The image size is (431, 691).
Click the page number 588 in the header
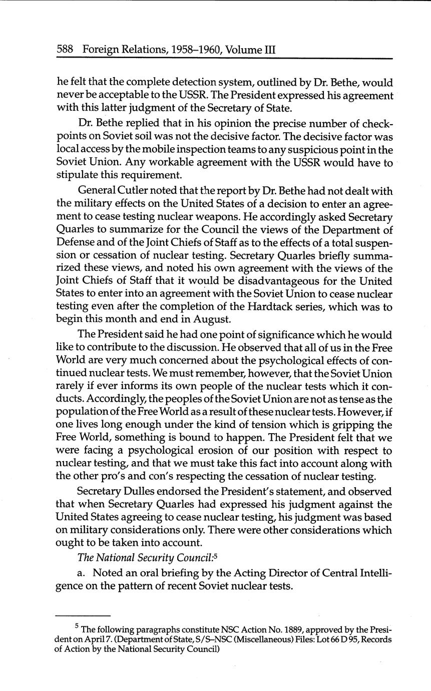click(x=66, y=50)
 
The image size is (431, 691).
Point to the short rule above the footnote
click(x=82, y=615)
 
